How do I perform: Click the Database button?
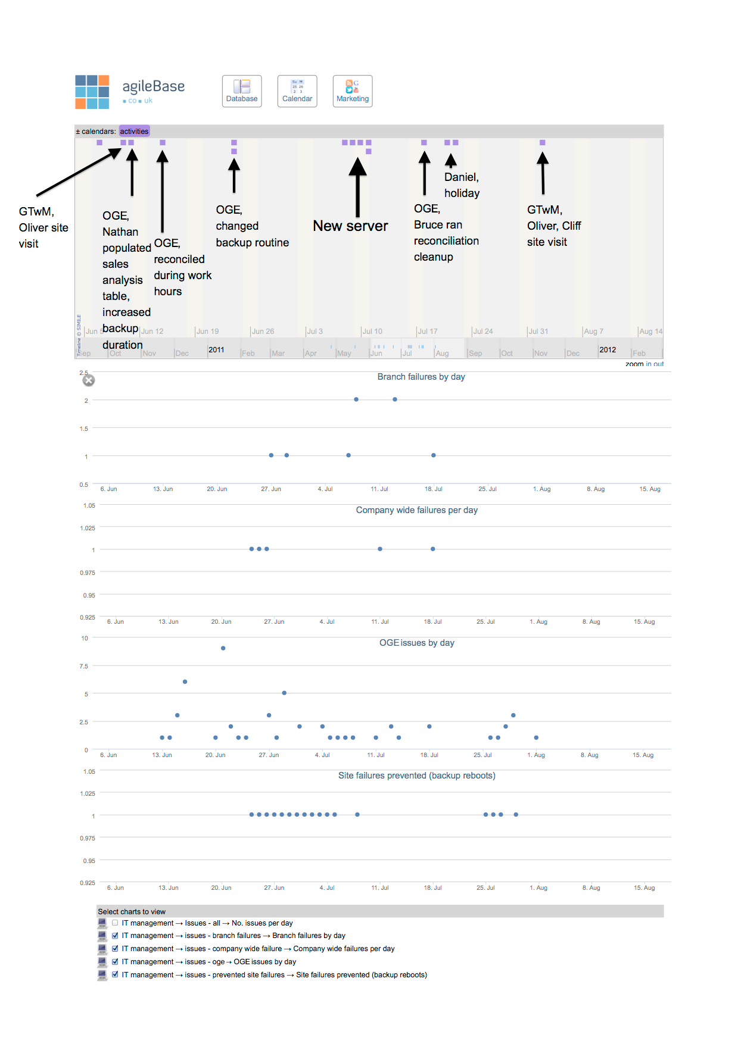[x=242, y=91]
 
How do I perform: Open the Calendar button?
[x=297, y=91]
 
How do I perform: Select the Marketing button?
[x=353, y=91]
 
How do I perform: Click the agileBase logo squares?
[x=92, y=92]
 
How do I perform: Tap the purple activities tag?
[x=134, y=132]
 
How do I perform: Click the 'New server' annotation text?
[x=350, y=226]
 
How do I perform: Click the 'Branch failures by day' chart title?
[x=421, y=377]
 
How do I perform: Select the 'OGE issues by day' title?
[x=416, y=643]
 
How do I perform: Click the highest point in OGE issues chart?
[x=223, y=648]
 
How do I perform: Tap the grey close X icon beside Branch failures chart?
[x=89, y=380]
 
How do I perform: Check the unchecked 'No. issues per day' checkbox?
[x=115, y=923]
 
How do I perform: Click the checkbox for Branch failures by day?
[x=115, y=936]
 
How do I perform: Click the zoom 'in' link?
[x=649, y=364]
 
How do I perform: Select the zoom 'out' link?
[x=658, y=364]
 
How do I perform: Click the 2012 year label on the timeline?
[x=608, y=350]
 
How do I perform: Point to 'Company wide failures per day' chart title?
[x=416, y=510]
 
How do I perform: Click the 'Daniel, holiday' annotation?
[x=462, y=185]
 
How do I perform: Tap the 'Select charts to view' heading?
[x=132, y=912]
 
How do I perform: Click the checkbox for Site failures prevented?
[x=115, y=975]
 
